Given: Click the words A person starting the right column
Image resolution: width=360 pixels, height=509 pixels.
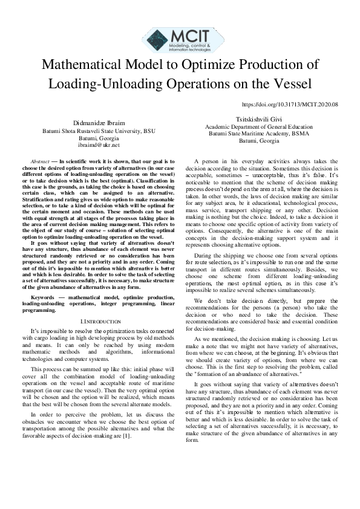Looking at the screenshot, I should point(205,162).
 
